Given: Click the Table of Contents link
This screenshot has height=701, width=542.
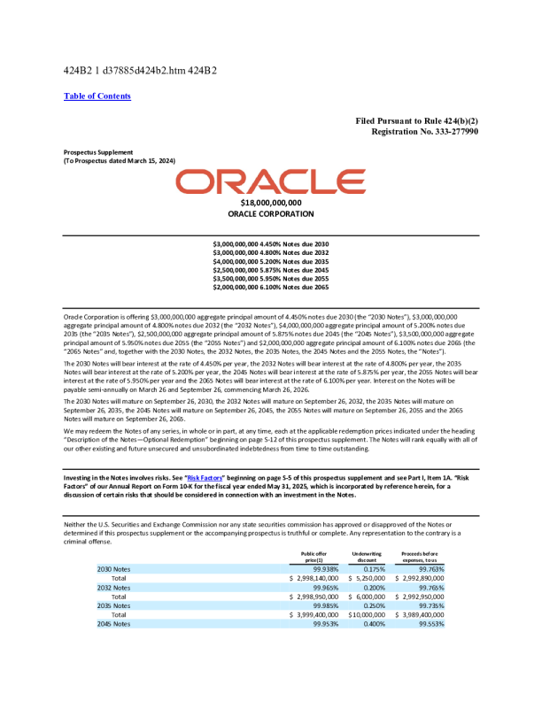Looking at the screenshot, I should [97, 96].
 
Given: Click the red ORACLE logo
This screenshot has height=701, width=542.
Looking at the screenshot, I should [270, 183].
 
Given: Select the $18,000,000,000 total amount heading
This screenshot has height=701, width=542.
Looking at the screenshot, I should [270, 204].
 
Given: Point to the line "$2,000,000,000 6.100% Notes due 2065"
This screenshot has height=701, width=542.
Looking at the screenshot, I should [270, 288].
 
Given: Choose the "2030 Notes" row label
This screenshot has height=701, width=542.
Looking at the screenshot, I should [114, 568].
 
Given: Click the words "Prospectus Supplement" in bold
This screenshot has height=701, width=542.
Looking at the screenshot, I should [97, 151].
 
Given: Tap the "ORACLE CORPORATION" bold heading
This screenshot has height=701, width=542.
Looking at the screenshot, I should [270, 214].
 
